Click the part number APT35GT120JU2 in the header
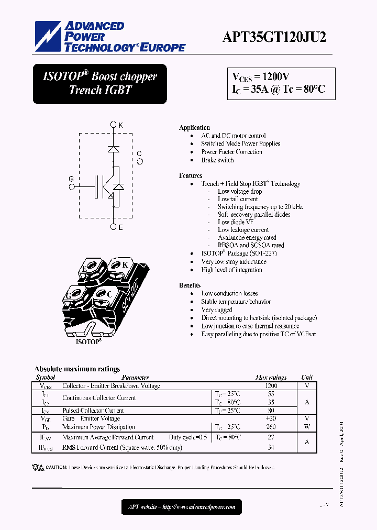point(274,36)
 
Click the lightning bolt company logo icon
point(48,37)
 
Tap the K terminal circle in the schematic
point(114,125)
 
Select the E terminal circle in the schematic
point(114,227)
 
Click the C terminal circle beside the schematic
point(140,162)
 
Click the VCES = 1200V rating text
point(261,76)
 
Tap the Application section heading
point(194,128)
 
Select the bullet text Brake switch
point(217,160)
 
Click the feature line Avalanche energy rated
point(247,237)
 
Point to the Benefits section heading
point(190,285)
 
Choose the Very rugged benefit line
point(217,310)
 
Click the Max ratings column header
point(271,377)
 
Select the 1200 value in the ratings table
point(271,386)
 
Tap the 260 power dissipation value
point(271,427)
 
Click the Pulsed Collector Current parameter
point(93,411)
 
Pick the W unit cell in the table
point(307,427)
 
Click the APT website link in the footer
point(182,506)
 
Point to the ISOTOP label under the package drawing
point(89,341)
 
